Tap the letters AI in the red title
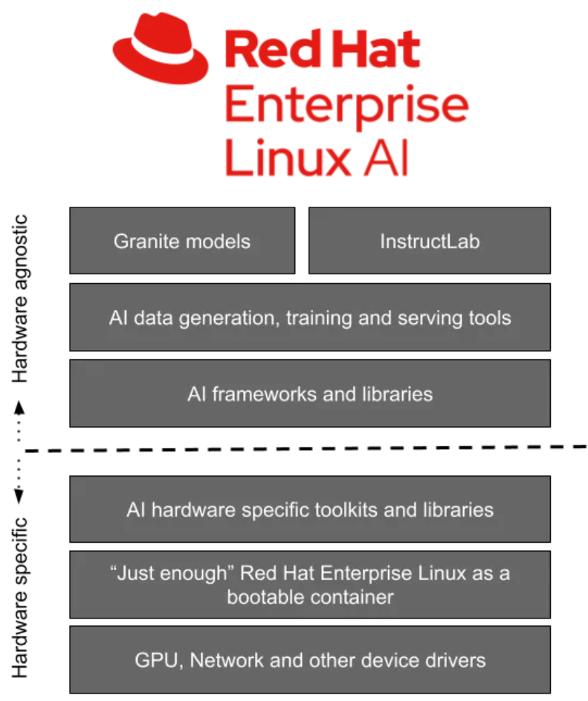pos(385,158)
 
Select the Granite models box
pos(182,241)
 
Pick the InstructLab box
pos(429,241)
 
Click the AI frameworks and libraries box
pos(310,393)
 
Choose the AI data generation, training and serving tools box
pos(310,317)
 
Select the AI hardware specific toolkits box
pos(310,509)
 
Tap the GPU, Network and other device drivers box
pos(310,659)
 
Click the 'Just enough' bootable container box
pos(310,584)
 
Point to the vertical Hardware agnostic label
pos(20,297)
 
